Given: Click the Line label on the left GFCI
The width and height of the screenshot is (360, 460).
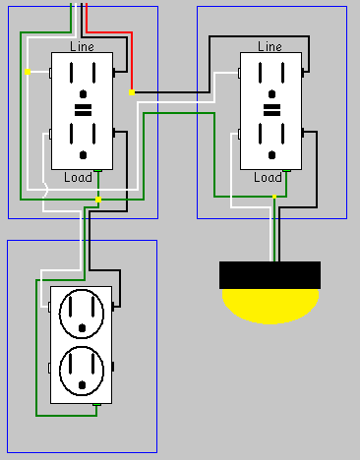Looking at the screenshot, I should point(83,46).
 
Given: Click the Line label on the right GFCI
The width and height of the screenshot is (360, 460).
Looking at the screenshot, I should point(270,46).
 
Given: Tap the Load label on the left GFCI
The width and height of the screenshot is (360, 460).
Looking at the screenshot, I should point(78,178).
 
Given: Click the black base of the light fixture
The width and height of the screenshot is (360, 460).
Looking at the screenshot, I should point(270,274).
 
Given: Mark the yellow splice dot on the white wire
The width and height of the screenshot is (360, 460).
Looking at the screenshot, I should point(28,71).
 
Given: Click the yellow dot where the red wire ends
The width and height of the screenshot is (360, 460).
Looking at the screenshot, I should point(132,93).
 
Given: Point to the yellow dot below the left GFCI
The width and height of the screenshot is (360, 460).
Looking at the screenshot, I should point(98,200).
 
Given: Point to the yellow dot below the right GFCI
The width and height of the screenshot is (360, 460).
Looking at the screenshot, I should point(273,198).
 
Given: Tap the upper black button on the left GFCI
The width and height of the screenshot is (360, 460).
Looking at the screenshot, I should point(83,103).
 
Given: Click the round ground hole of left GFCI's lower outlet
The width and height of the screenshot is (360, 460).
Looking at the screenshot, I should point(84,154).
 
